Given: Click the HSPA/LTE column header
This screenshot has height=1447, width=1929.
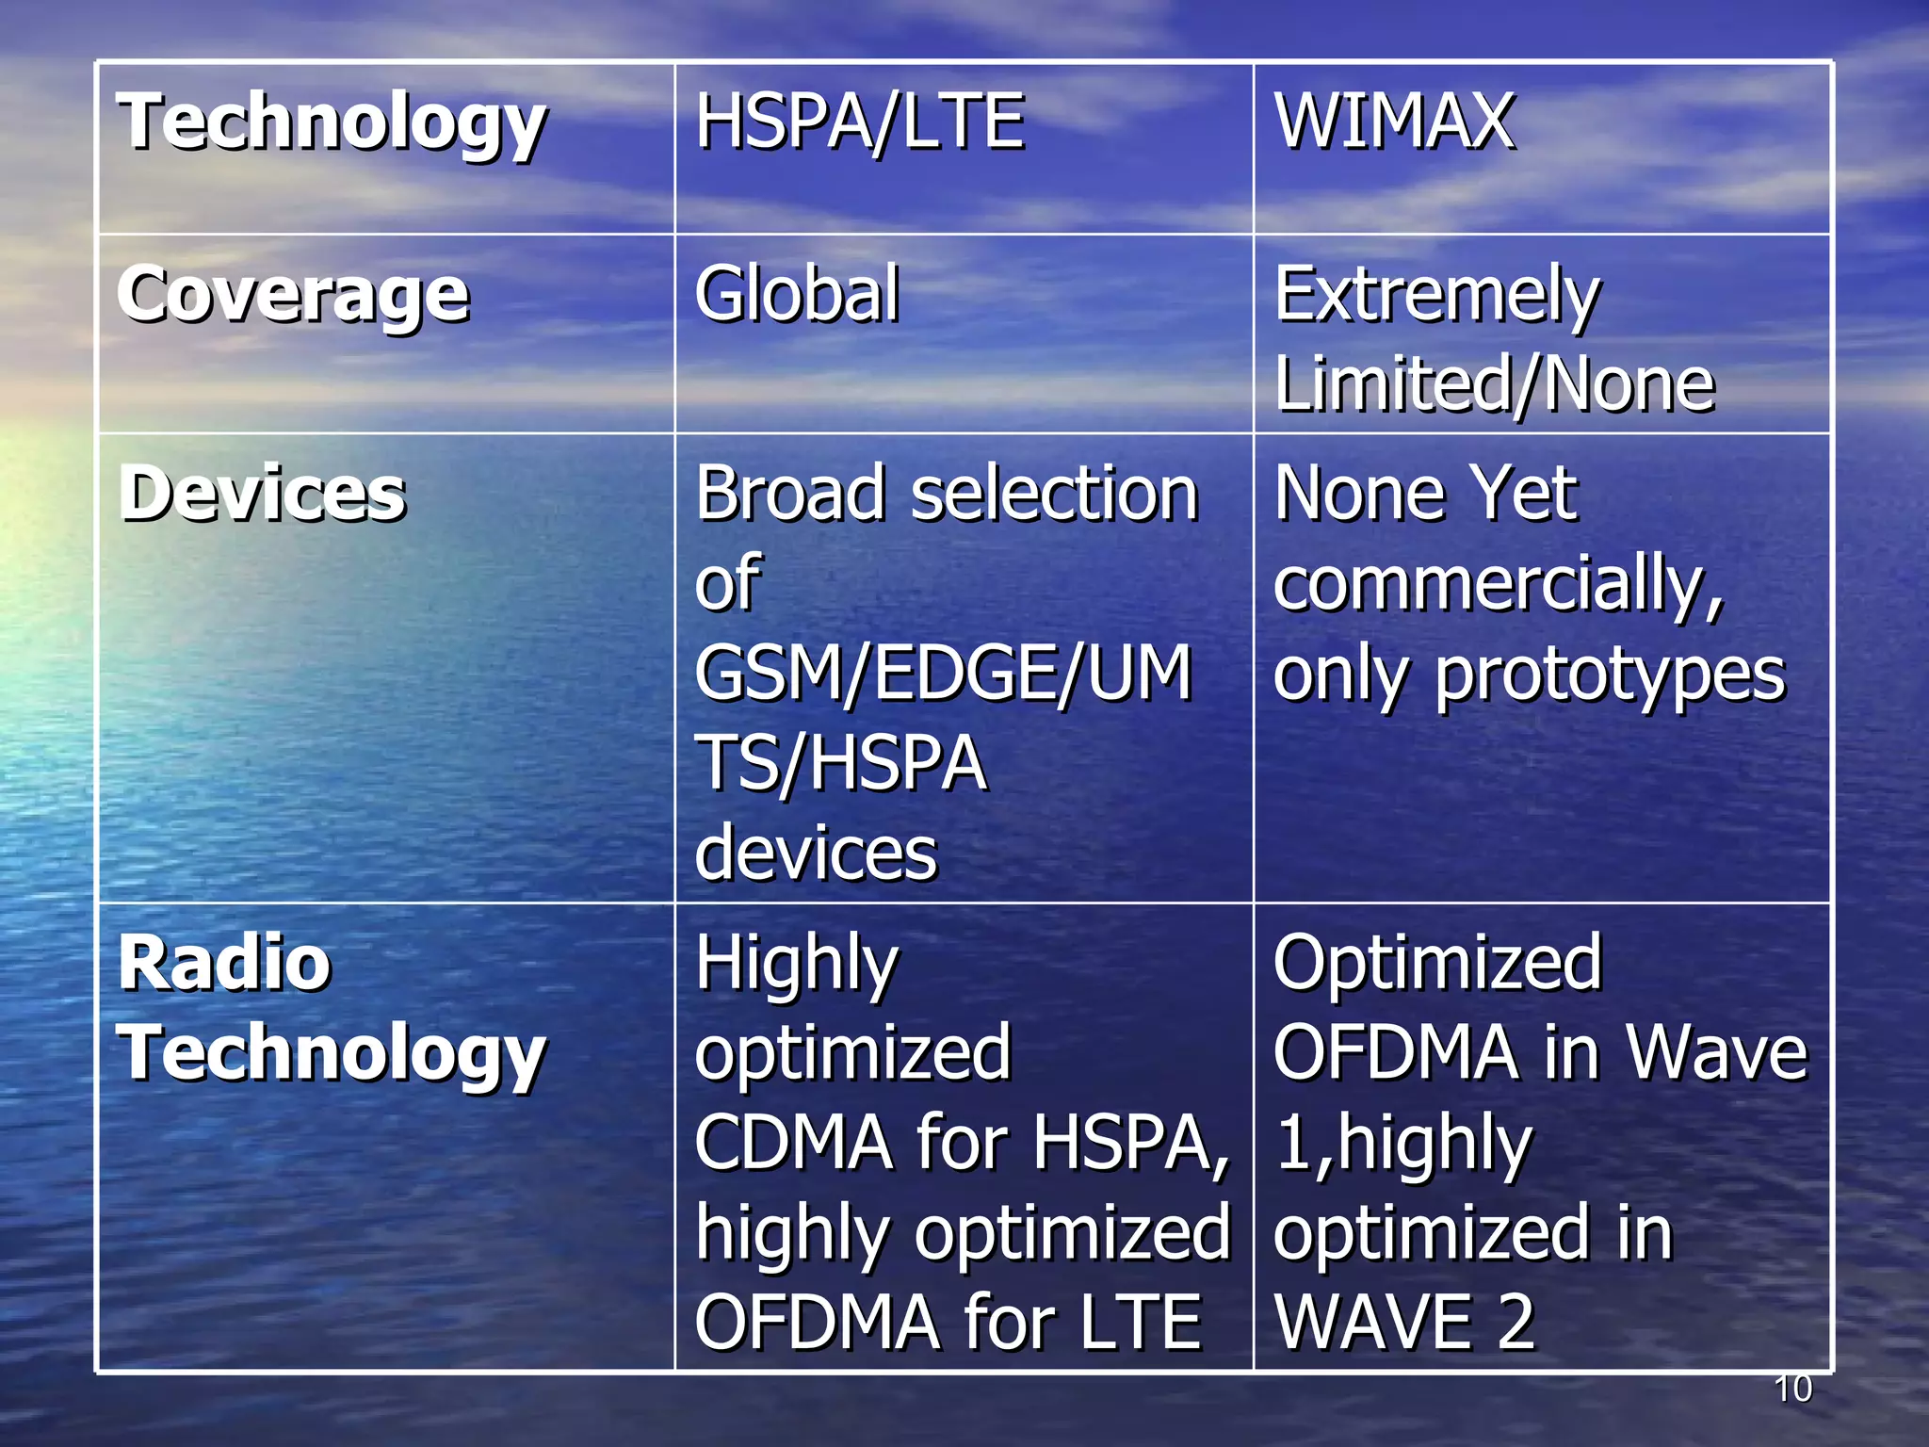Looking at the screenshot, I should click(x=859, y=122).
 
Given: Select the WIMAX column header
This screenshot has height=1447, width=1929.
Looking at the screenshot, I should click(x=1394, y=122).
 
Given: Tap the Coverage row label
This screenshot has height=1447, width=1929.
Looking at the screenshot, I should click(x=293, y=296).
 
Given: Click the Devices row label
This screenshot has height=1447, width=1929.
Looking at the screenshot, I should click(x=263, y=494).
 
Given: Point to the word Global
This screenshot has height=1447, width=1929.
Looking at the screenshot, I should click(x=797, y=294).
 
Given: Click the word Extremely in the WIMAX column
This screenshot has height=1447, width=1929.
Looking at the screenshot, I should click(x=1436, y=296).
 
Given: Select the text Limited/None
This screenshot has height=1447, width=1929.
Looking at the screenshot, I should click(x=1494, y=384).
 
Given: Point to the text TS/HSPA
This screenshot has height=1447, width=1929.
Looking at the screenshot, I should click(x=841, y=763).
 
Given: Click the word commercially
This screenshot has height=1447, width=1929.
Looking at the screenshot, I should click(x=1498, y=584).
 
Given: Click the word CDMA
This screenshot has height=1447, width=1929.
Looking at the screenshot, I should click(x=793, y=1142).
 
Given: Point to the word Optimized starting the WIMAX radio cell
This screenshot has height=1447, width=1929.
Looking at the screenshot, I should click(x=1437, y=963).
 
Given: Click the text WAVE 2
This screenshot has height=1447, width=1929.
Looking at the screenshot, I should click(x=1403, y=1323).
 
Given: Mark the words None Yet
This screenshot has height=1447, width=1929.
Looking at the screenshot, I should click(x=1425, y=494).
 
